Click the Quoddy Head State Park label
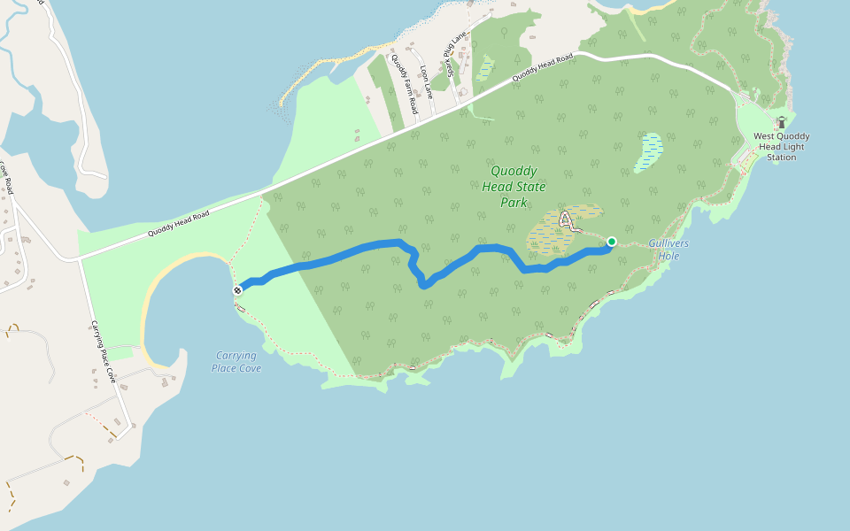[514, 186]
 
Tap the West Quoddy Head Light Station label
[781, 147]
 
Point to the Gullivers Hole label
[668, 250]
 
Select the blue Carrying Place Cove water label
[236, 362]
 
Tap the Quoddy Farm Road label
[404, 83]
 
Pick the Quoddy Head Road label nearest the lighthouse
[544, 68]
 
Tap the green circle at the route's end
[611, 242]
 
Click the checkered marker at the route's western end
[238, 289]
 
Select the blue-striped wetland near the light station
[649, 151]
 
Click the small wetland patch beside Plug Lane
[484, 68]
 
